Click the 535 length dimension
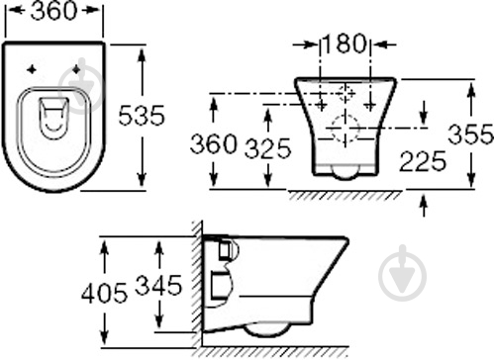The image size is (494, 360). click(x=142, y=115)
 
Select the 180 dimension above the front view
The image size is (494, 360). click(x=344, y=44)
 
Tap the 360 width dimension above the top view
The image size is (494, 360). click(x=53, y=11)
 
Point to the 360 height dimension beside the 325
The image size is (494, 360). click(x=214, y=143)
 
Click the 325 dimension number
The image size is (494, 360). click(x=268, y=148)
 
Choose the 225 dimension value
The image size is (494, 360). click(x=423, y=161)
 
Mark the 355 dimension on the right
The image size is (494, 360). click(x=470, y=135)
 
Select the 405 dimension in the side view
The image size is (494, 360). click(x=104, y=293)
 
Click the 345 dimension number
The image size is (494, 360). click(x=158, y=285)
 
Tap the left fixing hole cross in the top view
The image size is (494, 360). click(x=32, y=69)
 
